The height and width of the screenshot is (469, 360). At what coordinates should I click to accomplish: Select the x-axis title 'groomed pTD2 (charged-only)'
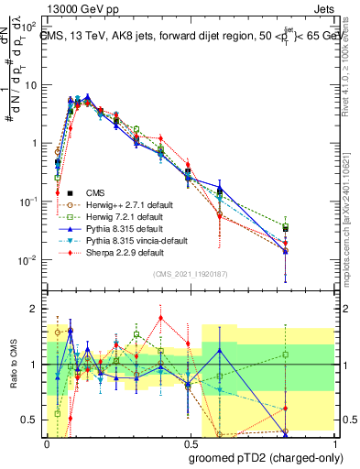[x=266, y=456]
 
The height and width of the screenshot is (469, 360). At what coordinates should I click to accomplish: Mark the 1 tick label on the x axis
[x=332, y=441]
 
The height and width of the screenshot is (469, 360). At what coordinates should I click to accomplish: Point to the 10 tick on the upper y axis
[x=32, y=84]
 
